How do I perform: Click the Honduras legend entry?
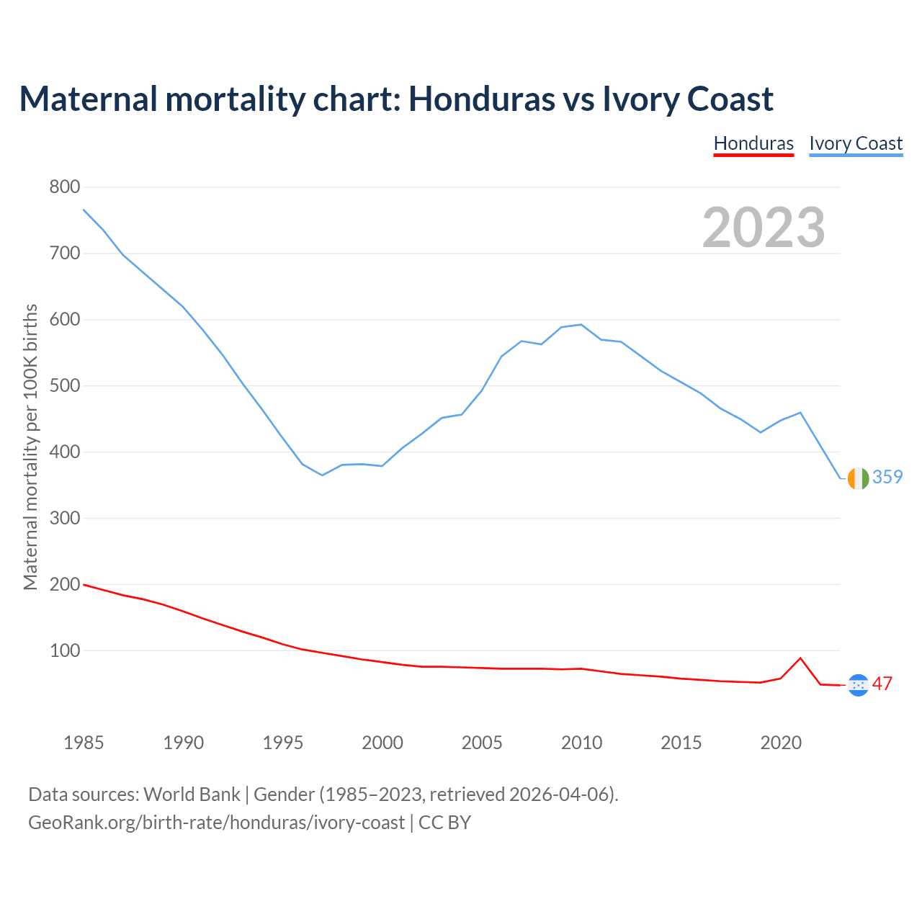[753, 143]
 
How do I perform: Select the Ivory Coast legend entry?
[856, 143]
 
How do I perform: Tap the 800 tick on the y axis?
[65, 187]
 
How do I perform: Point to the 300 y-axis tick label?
[65, 518]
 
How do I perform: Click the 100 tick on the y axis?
[65, 650]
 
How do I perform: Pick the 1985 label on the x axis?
[84, 743]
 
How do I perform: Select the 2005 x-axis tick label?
[482, 743]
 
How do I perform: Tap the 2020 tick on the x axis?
[781, 743]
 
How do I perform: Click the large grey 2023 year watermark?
[764, 228]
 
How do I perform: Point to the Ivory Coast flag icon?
[858, 478]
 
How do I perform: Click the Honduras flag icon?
[858, 685]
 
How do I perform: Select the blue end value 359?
[887, 477]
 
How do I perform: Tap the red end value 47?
[882, 684]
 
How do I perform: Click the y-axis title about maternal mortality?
[30, 447]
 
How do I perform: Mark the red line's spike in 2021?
[800, 658]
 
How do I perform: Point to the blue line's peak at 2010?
[581, 324]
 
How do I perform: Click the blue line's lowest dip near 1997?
[322, 475]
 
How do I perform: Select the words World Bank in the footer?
[192, 795]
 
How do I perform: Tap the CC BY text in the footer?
[444, 823]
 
